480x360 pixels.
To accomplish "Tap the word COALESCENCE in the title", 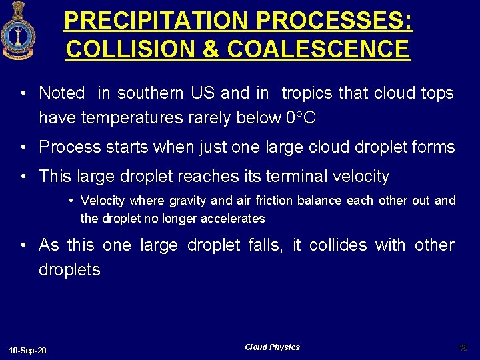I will (319, 49).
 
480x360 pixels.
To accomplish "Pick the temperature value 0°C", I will (300, 118).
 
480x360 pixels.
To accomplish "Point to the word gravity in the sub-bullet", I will (188, 201).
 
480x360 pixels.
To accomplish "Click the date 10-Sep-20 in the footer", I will (28, 351).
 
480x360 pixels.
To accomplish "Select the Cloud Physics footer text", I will (272, 347).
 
